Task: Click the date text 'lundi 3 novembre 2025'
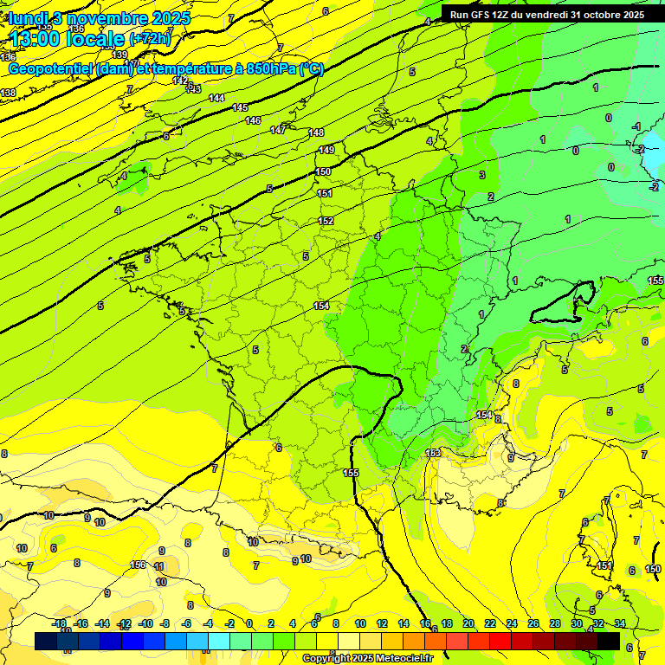(x=99, y=17)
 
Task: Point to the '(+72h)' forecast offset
(x=150, y=39)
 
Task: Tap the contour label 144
(x=216, y=98)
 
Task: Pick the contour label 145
(x=241, y=107)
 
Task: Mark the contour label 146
(x=253, y=120)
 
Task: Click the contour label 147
(x=278, y=130)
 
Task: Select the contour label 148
(x=316, y=132)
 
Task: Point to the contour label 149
(x=326, y=150)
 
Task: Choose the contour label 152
(x=326, y=221)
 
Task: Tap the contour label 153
(x=434, y=453)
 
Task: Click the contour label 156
(x=138, y=565)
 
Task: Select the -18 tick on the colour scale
(x=60, y=624)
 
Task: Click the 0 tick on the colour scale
(x=249, y=624)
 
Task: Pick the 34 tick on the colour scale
(x=620, y=624)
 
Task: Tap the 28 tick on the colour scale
(x=555, y=624)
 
